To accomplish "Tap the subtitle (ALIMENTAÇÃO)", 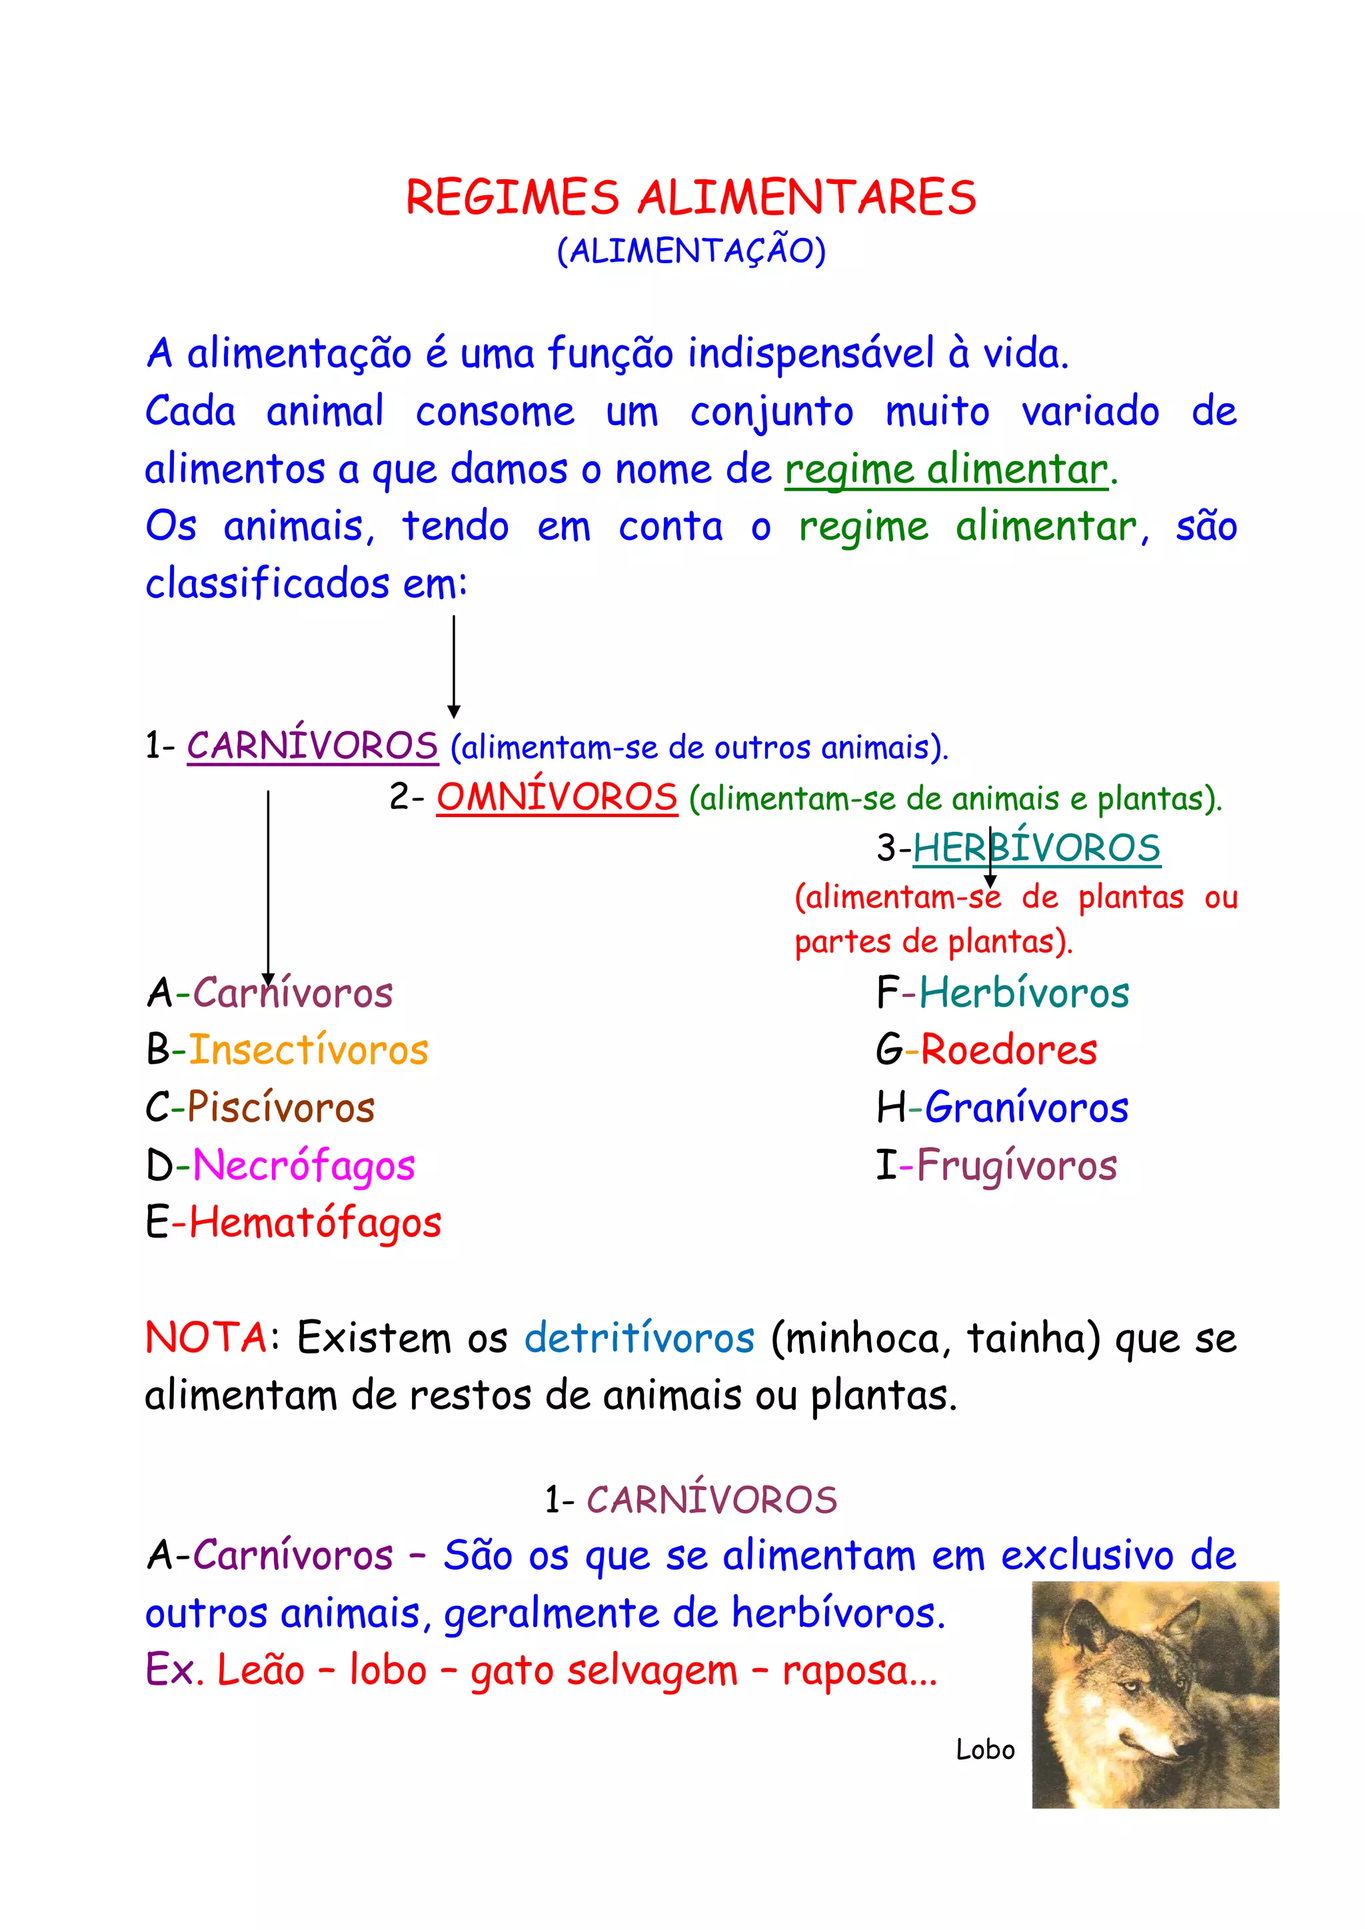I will click(x=691, y=251).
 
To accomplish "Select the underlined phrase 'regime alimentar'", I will click(x=946, y=469).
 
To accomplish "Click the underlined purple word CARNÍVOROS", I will click(x=312, y=746).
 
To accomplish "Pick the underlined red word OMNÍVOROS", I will click(x=557, y=797).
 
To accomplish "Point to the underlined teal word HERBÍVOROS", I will click(x=1036, y=847).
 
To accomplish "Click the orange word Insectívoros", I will click(x=309, y=1050).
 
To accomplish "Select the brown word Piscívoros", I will click(x=281, y=1107).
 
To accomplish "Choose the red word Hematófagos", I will click(x=315, y=1222).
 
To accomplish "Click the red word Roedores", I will click(x=1008, y=1050).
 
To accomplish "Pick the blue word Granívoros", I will click(x=1026, y=1107).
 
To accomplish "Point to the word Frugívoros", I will click(x=1016, y=1165).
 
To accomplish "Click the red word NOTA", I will click(x=206, y=1338).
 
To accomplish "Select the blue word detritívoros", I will click(x=640, y=1338).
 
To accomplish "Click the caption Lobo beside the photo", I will click(x=985, y=1749).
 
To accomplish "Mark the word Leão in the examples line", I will click(x=261, y=1669).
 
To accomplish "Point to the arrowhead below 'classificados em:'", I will click(x=454, y=712).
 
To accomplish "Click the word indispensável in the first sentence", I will click(x=810, y=353).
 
